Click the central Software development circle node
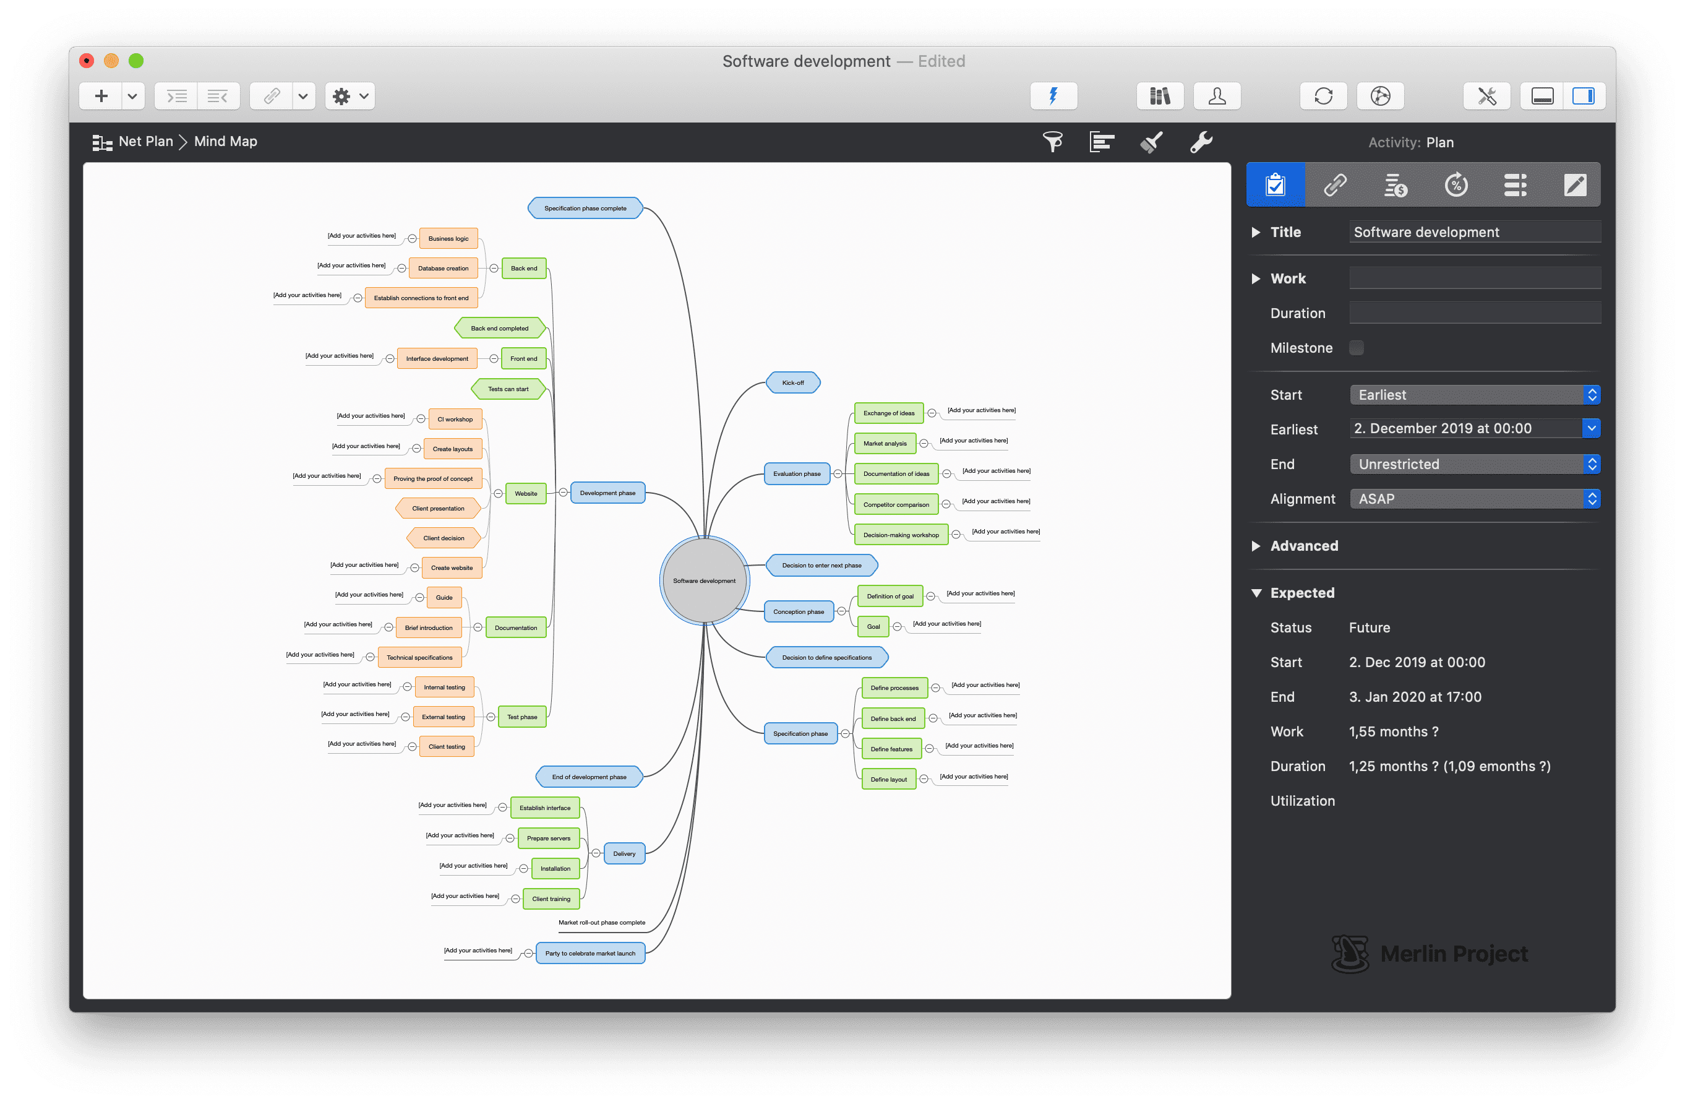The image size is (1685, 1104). coord(704,580)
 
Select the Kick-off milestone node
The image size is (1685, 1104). coord(793,383)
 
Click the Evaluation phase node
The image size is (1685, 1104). coord(797,474)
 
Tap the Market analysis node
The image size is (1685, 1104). coord(885,443)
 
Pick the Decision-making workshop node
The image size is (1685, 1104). coord(901,535)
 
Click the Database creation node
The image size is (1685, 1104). coord(443,269)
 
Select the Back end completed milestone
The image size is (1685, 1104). coord(499,329)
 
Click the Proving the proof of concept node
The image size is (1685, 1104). coord(432,479)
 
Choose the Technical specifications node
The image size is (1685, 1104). coord(419,658)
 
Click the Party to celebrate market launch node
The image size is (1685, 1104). coord(590,953)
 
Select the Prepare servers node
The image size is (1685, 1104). coord(548,839)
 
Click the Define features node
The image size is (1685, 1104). coord(891,749)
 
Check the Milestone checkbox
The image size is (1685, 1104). coord(1356,348)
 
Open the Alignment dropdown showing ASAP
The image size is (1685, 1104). coord(1474,499)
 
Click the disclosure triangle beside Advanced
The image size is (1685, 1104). coord(1256,546)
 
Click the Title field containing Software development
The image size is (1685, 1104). coord(1474,232)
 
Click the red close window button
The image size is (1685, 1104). coord(87,61)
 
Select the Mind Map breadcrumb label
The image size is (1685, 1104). coord(225,142)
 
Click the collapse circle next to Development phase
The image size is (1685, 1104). coord(563,493)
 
